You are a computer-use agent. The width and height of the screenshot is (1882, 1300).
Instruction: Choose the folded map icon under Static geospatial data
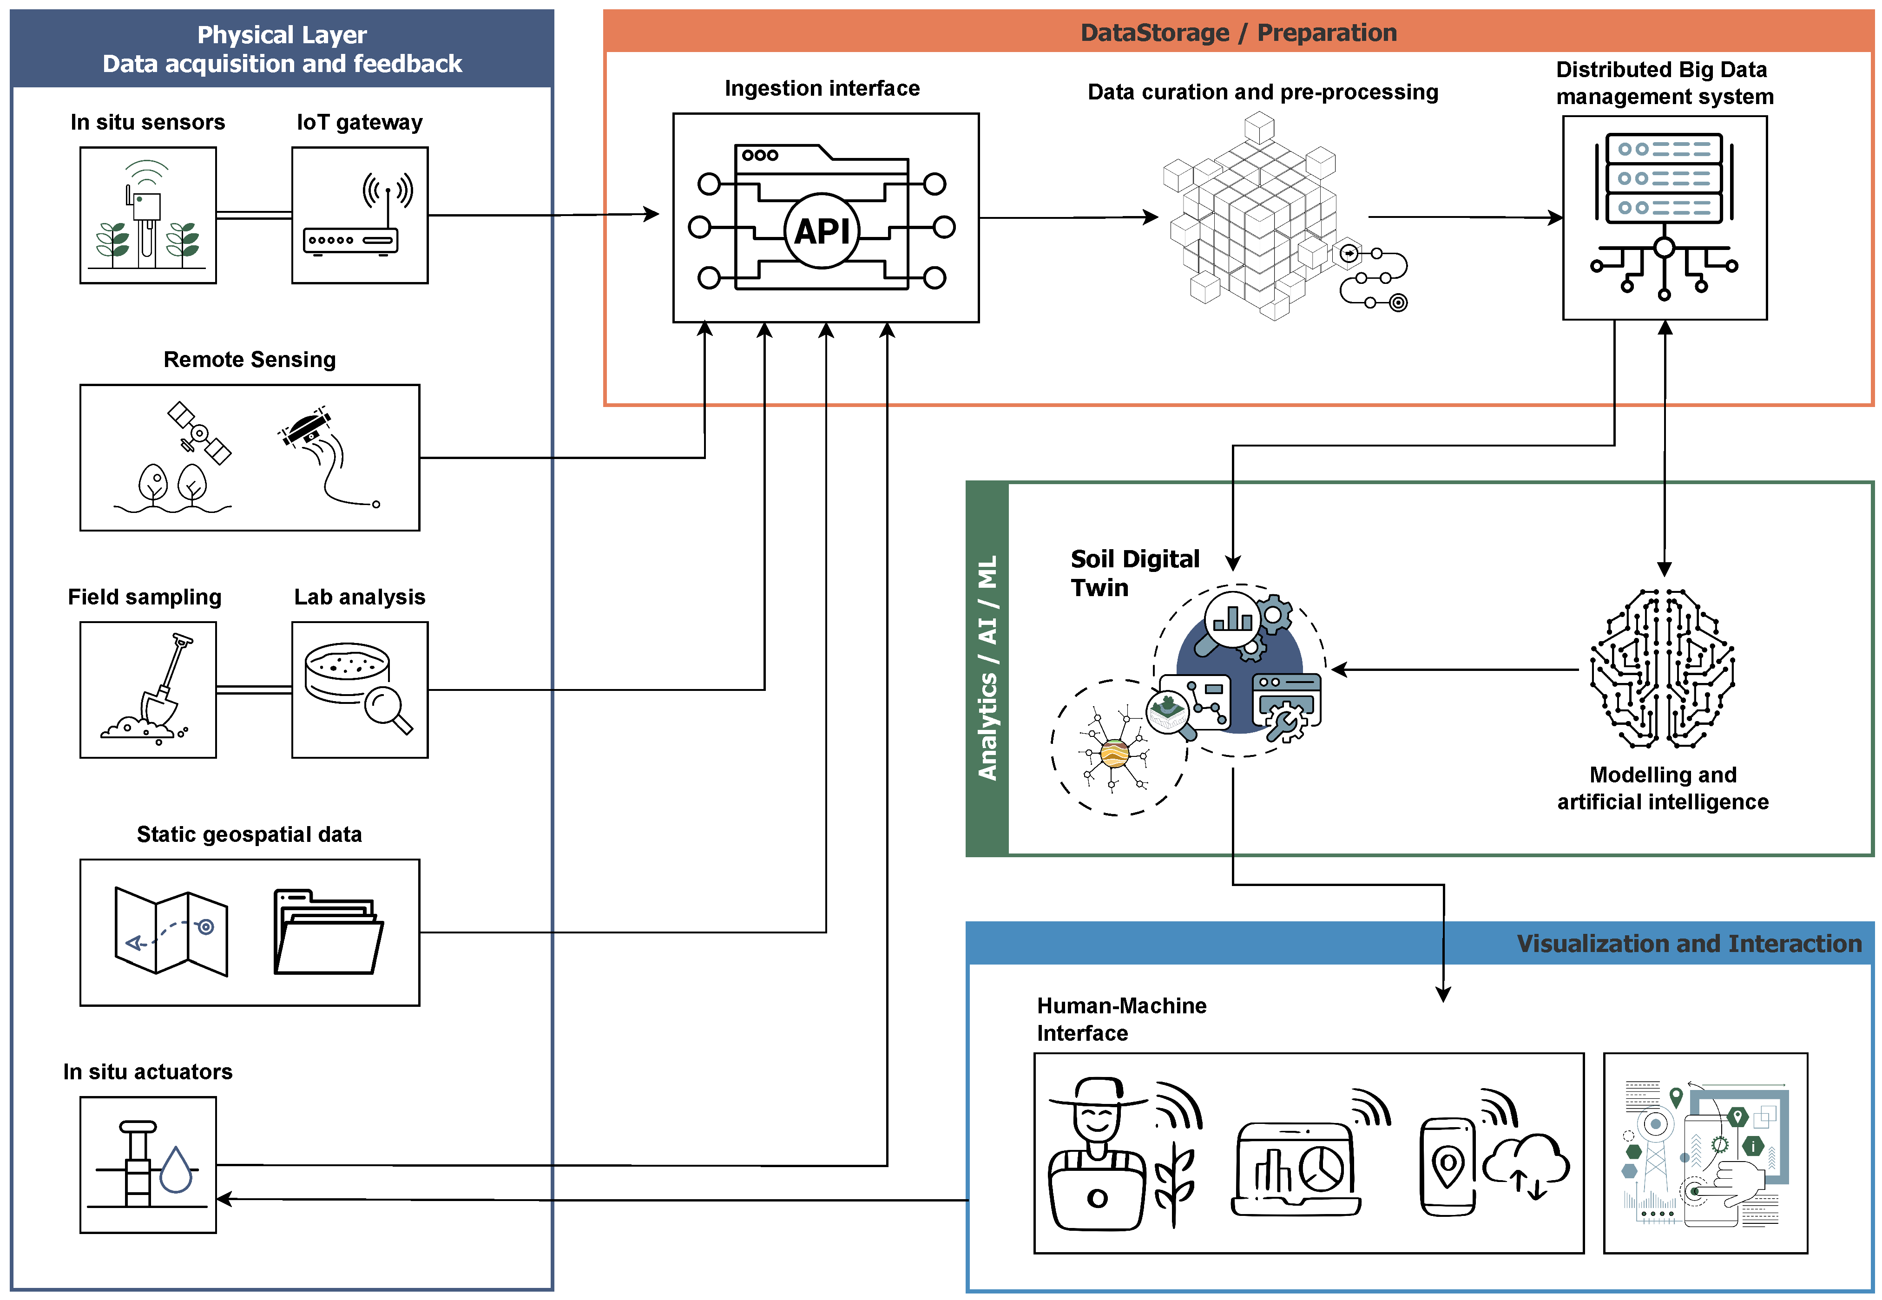click(171, 931)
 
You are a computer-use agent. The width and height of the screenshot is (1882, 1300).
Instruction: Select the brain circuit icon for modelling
click(1662, 668)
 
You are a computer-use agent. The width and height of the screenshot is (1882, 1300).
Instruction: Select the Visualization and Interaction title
click(1688, 943)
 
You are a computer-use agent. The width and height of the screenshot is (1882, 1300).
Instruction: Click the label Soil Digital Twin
click(1134, 572)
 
